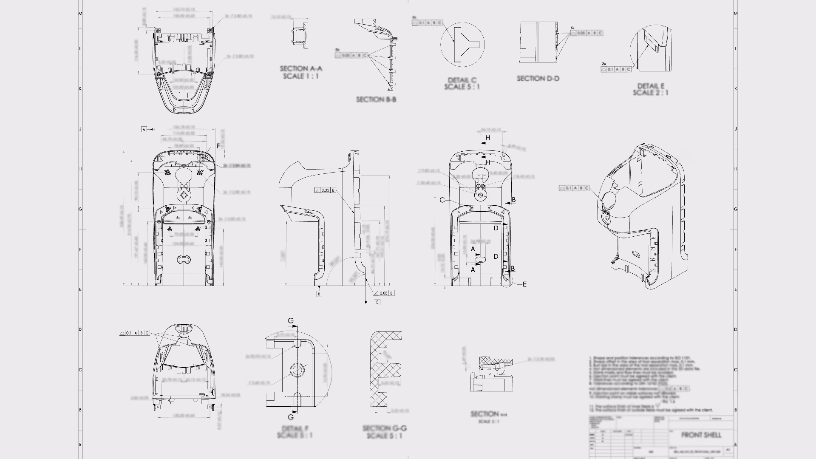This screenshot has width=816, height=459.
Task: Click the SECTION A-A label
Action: click(301, 68)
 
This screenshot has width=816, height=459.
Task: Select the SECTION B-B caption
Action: click(376, 99)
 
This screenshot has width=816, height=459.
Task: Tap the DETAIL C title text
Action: click(462, 80)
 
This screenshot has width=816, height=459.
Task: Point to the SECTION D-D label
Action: click(538, 79)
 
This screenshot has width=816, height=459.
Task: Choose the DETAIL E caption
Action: click(650, 86)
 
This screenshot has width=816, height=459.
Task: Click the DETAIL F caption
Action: click(295, 428)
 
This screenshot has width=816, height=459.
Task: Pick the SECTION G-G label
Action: click(385, 428)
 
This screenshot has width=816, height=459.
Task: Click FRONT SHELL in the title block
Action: click(701, 435)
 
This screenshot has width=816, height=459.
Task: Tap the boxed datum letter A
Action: click(144, 129)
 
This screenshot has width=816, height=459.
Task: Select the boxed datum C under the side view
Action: click(377, 302)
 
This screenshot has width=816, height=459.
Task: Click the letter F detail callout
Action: click(218, 146)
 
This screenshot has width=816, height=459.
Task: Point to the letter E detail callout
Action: click(524, 284)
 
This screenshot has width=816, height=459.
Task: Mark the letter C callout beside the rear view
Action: click(442, 200)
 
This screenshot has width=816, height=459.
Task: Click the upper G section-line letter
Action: click(291, 320)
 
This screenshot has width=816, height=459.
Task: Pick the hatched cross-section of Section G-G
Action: click(378, 370)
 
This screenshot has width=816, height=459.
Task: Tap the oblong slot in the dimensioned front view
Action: click(183, 259)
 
